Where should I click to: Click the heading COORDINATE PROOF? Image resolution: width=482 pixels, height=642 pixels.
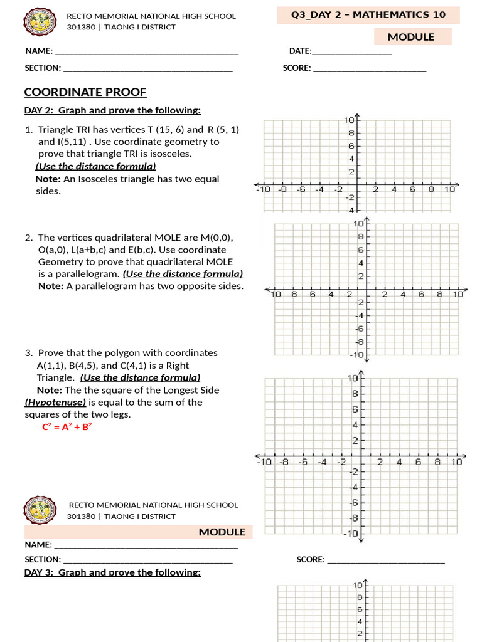coord(85,92)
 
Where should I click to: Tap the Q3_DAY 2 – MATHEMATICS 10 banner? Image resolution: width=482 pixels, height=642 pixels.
coord(368,15)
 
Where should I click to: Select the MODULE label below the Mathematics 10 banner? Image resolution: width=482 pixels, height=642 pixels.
coord(410,37)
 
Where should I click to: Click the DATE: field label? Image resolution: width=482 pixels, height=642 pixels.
coord(300,51)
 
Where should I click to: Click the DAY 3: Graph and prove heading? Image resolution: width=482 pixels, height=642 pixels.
coord(112,572)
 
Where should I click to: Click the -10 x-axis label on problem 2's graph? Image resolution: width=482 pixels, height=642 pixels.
coord(274,293)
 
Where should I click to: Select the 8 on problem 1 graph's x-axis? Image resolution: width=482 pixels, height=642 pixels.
coord(431,189)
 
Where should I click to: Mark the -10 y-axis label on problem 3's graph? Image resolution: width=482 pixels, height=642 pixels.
coord(351,534)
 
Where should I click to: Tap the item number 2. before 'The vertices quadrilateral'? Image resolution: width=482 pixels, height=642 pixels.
coord(29,238)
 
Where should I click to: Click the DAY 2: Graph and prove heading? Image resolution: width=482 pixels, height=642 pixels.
coord(112,111)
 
